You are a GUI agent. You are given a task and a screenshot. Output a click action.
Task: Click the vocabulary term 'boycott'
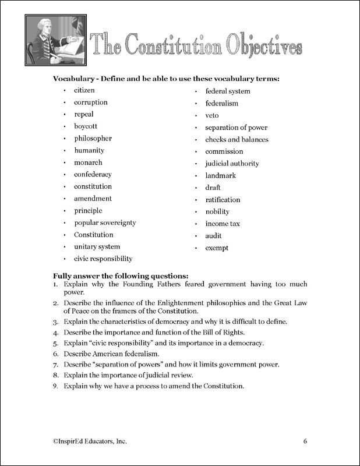tap(85, 126)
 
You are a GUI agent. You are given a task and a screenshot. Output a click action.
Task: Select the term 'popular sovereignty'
tap(105, 223)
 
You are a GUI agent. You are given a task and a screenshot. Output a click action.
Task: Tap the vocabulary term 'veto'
tap(212, 115)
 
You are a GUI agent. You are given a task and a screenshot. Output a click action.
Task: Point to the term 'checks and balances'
tap(237, 140)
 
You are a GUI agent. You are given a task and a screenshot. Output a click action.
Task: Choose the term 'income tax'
tap(223, 224)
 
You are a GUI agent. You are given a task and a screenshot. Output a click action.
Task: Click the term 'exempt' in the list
tap(217, 248)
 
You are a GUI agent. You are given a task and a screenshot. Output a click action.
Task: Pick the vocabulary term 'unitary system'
tap(97, 247)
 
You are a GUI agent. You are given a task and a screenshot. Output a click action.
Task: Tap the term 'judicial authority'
tap(232, 164)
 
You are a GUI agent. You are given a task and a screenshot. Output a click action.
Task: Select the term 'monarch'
tap(88, 163)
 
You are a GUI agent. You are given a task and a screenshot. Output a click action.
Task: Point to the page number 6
tap(305, 440)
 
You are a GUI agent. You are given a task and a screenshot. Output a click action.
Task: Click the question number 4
tap(55, 333)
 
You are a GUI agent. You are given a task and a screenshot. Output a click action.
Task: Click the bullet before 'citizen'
tap(65, 91)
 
